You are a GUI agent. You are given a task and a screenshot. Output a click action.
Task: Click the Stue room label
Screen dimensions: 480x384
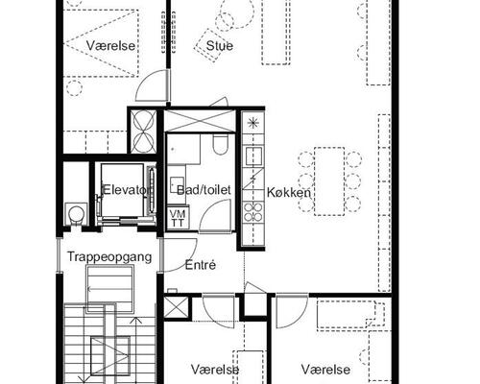pos(220,45)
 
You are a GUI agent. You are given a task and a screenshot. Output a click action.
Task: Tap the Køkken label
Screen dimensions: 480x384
pos(289,193)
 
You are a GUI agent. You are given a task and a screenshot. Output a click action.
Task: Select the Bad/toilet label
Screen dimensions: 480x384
pos(204,190)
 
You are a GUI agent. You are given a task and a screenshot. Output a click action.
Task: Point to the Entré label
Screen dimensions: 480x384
pos(201,265)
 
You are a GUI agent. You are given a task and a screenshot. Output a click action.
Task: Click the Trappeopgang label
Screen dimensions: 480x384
pos(109,257)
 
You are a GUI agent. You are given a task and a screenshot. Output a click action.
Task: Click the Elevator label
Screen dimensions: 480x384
pos(126,190)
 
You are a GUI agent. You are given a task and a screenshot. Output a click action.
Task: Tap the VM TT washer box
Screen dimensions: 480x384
pos(177,218)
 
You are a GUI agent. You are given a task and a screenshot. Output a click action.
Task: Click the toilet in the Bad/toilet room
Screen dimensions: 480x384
pos(220,144)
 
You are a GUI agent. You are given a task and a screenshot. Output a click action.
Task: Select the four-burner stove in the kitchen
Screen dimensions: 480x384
pos(253,212)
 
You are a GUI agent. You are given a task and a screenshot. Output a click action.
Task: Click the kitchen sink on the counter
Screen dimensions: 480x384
pos(253,156)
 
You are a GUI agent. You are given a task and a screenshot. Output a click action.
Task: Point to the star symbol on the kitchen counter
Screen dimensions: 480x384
pos(253,122)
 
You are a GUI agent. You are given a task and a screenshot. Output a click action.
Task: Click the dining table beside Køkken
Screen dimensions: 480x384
pos(329,181)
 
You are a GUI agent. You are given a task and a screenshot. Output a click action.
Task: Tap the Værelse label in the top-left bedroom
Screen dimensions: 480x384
pos(110,45)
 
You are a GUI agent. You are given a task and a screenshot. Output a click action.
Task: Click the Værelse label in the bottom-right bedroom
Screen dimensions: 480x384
pos(325,370)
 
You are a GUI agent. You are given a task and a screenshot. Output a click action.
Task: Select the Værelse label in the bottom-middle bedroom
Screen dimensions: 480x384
pos(215,370)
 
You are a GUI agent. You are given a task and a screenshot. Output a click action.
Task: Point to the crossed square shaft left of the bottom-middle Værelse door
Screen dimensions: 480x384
pos(176,307)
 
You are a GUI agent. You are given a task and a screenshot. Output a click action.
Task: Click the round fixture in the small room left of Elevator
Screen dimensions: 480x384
pos(77,213)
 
